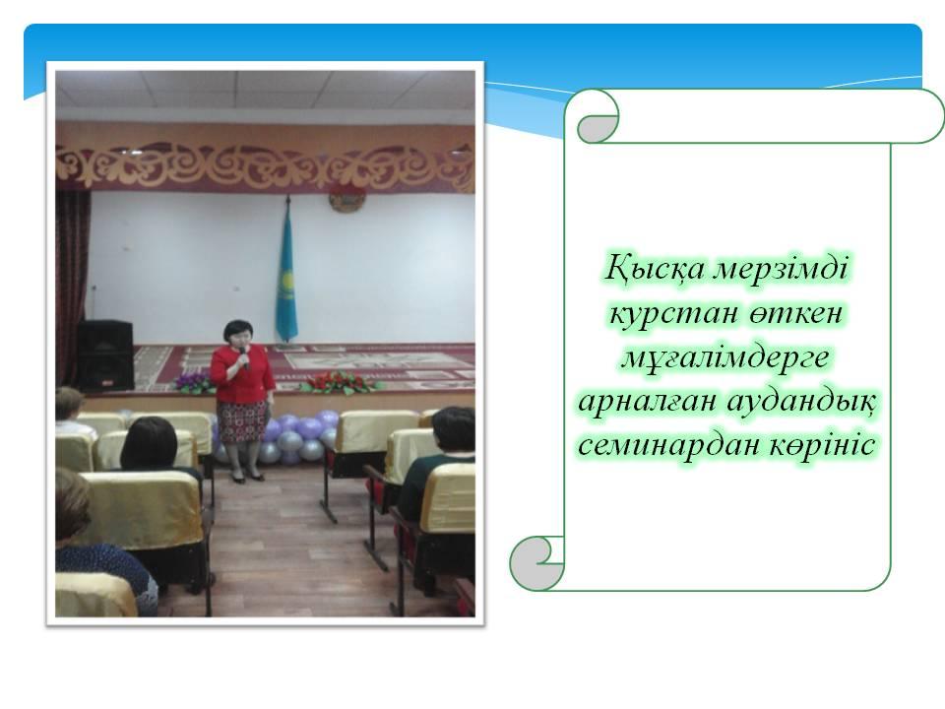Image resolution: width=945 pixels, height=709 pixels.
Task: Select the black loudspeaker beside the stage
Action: [x=104, y=354]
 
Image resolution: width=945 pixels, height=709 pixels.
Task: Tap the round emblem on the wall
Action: [x=346, y=200]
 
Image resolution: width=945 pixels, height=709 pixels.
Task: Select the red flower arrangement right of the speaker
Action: [x=340, y=383]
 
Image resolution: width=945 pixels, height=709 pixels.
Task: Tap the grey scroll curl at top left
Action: [x=597, y=125]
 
